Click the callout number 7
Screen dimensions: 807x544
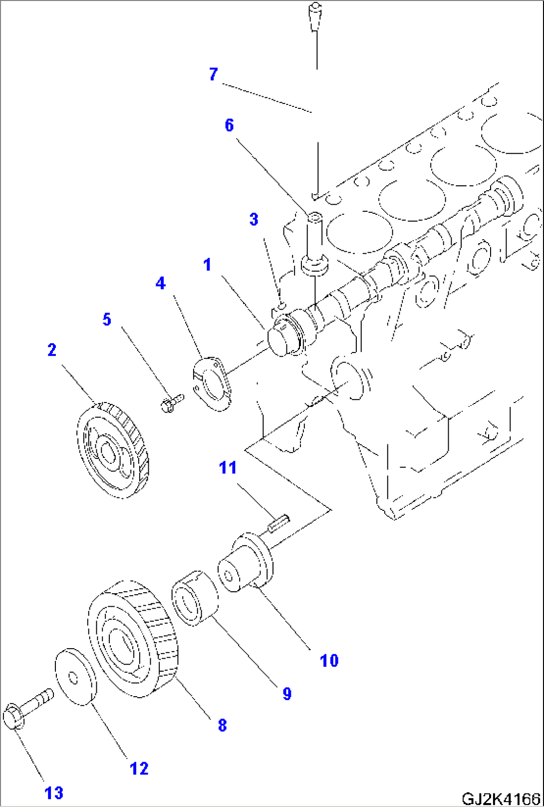214,74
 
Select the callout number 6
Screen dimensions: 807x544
229,125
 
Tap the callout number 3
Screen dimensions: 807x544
254,219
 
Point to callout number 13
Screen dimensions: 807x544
54,793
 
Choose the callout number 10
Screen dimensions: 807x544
329,661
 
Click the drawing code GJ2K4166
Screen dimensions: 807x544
501,799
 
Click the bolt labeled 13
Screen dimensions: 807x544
27,709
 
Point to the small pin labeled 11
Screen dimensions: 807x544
278,523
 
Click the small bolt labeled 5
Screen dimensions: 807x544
171,402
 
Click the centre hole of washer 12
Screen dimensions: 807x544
73,678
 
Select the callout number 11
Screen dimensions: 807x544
228,468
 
